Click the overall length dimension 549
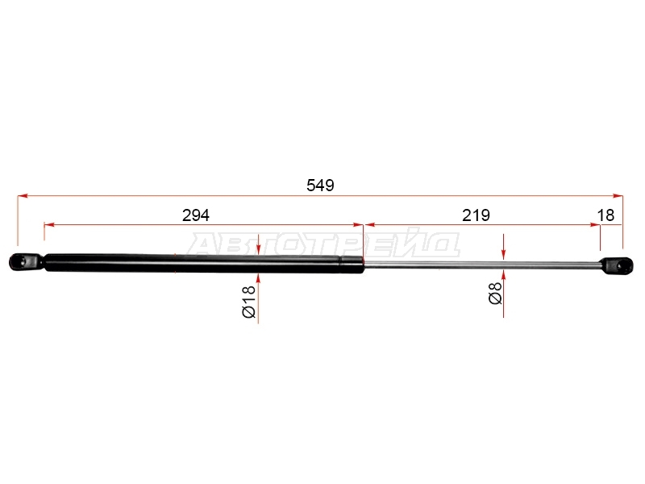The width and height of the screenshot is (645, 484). tap(320, 186)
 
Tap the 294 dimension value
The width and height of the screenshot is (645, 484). tap(196, 215)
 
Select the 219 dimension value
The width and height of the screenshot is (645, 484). tap(476, 215)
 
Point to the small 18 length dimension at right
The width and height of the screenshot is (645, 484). tap(605, 215)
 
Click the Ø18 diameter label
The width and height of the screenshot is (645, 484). tap(249, 302)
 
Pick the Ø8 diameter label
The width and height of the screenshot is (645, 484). tap(495, 293)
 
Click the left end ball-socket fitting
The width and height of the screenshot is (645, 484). tap(26, 261)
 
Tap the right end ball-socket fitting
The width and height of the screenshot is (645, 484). tap(616, 266)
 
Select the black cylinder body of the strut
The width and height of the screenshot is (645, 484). tap(204, 263)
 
